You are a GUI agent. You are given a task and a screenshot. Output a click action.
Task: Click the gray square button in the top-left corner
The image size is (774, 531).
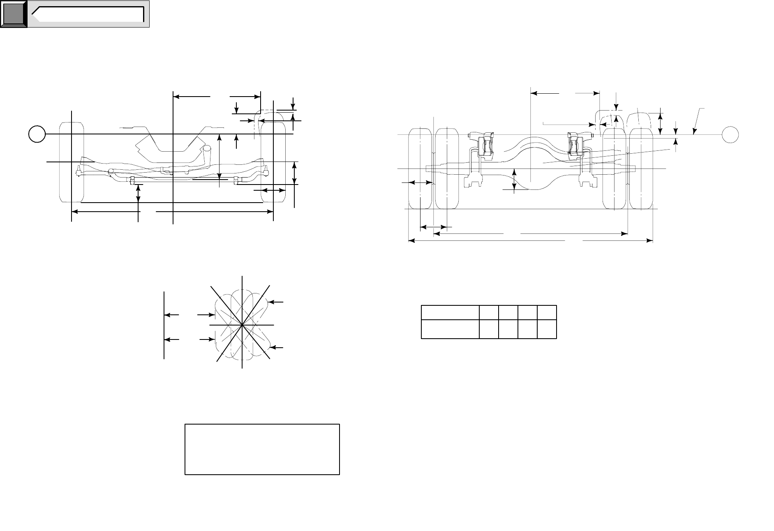(14, 14)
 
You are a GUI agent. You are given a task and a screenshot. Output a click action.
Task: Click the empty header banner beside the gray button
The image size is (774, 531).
(88, 14)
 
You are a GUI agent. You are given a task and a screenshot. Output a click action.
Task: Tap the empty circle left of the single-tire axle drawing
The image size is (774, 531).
(37, 134)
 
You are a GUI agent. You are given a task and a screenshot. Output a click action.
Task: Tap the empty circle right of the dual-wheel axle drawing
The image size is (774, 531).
(730, 134)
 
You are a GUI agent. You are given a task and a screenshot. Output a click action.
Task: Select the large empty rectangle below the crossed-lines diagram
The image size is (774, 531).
(262, 450)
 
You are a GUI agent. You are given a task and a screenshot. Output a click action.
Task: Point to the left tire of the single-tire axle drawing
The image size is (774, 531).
(72, 162)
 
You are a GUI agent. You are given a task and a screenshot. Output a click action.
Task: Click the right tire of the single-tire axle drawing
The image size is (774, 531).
(273, 162)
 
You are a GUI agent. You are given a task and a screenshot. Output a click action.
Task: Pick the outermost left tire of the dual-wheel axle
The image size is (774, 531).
(420, 169)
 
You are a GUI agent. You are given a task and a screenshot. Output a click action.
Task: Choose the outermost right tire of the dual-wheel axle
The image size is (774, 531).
(641, 169)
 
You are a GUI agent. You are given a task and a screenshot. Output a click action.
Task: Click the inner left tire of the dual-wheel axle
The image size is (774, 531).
(447, 169)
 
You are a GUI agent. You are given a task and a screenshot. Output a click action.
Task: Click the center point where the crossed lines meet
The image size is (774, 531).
(243, 325)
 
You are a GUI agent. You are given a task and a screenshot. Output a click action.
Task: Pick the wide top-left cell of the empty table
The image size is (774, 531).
(450, 313)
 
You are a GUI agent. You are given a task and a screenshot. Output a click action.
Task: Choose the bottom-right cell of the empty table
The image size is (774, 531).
(547, 329)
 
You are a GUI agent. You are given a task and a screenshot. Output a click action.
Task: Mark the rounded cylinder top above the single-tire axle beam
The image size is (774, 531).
(207, 148)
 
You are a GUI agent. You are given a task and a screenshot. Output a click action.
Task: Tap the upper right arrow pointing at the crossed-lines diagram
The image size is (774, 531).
(277, 302)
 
